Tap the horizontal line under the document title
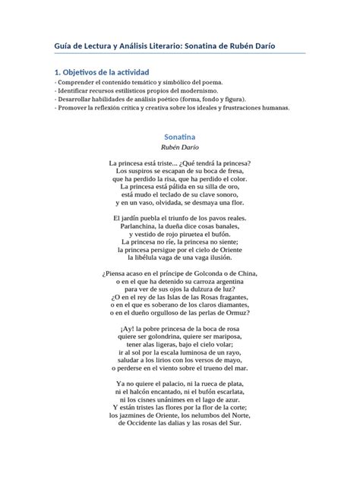coord(180,54)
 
